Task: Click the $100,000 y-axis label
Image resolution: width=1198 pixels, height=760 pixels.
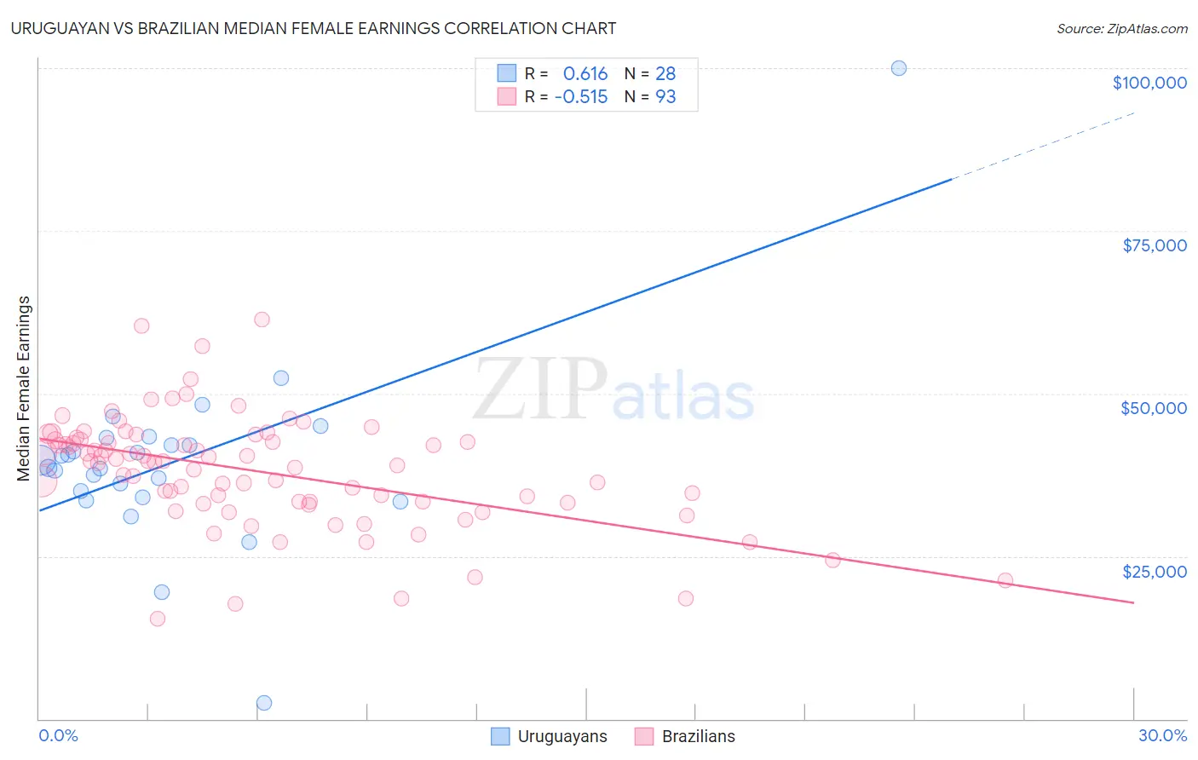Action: coord(1149,83)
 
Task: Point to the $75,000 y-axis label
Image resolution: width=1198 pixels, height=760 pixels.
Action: coord(1154,245)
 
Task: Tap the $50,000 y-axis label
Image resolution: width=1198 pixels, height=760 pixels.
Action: coord(1153,408)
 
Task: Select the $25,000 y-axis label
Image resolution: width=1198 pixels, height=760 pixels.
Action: coord(1154,572)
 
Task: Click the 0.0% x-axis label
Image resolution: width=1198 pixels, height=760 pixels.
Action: coord(58,735)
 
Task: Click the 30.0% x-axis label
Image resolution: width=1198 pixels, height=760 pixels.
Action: coord(1162,735)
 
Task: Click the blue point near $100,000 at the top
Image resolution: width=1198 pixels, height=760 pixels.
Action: coord(898,68)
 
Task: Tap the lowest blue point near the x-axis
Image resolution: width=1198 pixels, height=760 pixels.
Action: coord(264,703)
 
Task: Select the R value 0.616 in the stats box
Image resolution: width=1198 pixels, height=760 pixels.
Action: coord(585,73)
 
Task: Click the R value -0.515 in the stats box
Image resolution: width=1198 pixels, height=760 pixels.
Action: coord(581,96)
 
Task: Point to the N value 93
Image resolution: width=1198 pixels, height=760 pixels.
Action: coord(665,96)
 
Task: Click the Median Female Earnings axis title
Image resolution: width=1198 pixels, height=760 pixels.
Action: coord(24,389)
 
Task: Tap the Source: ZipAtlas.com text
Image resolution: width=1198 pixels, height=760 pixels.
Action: coord(1121,28)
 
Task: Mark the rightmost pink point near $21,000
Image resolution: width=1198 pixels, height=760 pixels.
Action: coord(1005,580)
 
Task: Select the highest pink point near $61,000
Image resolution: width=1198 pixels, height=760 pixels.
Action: coord(262,320)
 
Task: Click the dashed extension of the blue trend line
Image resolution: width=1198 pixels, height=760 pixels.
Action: coord(1048,144)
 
